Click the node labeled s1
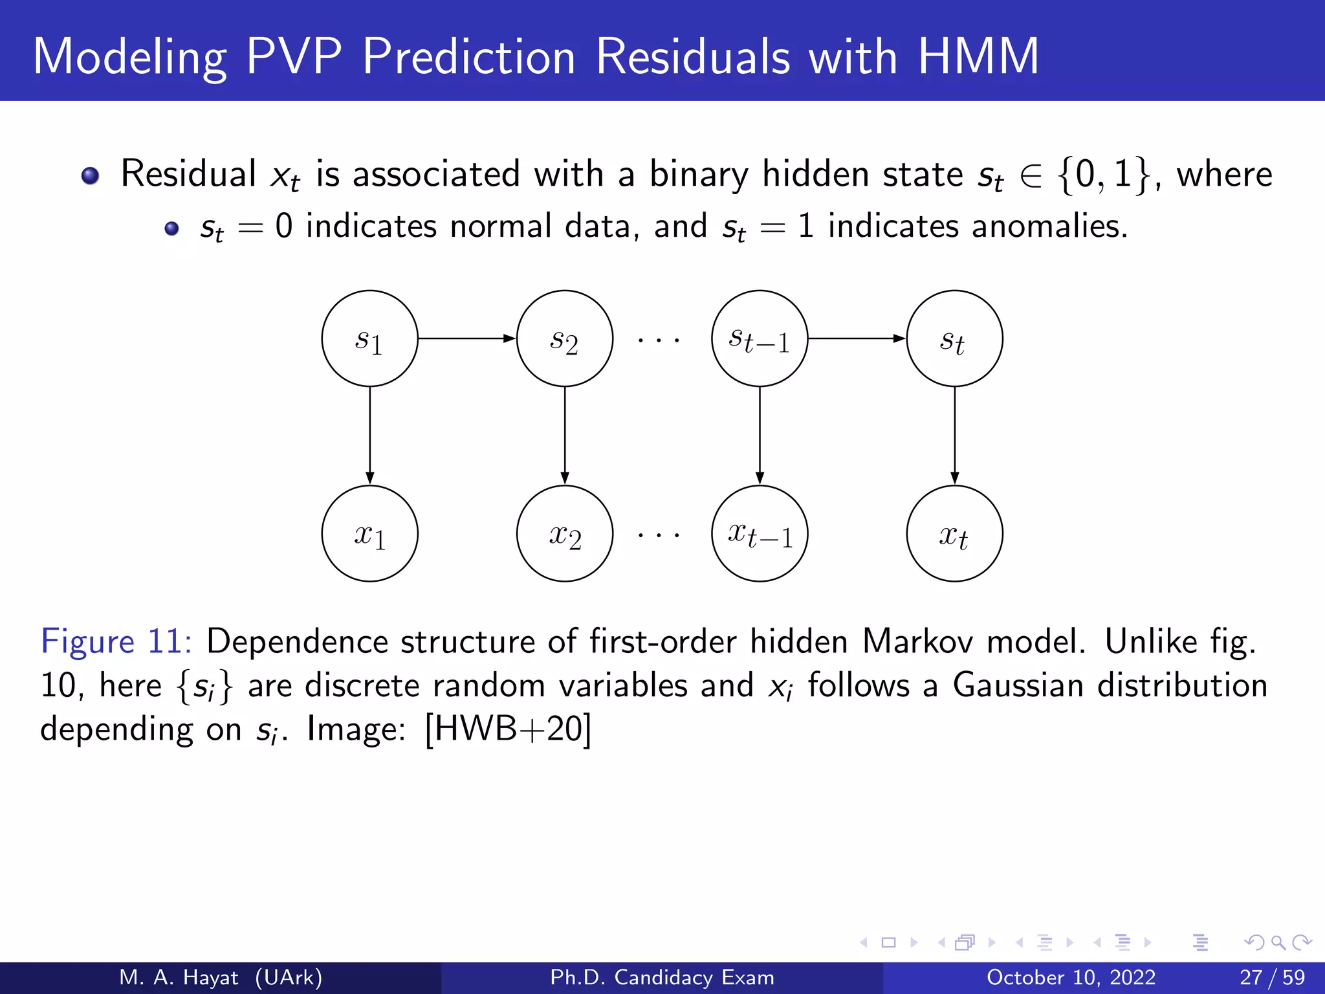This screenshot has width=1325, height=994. [x=369, y=338]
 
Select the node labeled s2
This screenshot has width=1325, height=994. [x=564, y=338]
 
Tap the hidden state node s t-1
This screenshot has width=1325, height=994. [x=760, y=338]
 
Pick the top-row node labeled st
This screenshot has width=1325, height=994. [x=954, y=338]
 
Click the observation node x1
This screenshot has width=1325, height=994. [x=369, y=534]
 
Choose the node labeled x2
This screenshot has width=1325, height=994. [x=564, y=534]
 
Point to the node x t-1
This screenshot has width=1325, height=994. [x=760, y=534]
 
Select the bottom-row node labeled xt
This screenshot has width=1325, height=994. [x=954, y=534]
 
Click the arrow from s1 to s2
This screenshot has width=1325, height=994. [x=466, y=338]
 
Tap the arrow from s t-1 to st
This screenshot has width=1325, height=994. [x=857, y=338]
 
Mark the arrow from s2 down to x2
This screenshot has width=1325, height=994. [x=564, y=436]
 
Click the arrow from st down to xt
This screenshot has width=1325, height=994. [x=954, y=436]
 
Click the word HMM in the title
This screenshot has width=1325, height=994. [x=978, y=56]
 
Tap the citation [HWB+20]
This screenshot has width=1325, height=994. [x=508, y=729]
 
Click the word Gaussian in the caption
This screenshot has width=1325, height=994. [x=1018, y=685]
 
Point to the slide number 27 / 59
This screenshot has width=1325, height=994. [x=1272, y=977]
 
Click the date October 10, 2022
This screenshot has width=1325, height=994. [x=1071, y=977]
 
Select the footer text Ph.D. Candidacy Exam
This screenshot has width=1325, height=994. [x=662, y=977]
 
